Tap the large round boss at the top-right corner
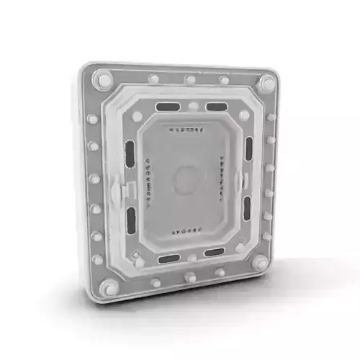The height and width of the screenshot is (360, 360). coord(266,83)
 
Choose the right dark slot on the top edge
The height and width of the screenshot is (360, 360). coord(215,106)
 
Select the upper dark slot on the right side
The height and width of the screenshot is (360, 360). coord(248,148)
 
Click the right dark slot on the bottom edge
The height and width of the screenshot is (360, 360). coord(214,252)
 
